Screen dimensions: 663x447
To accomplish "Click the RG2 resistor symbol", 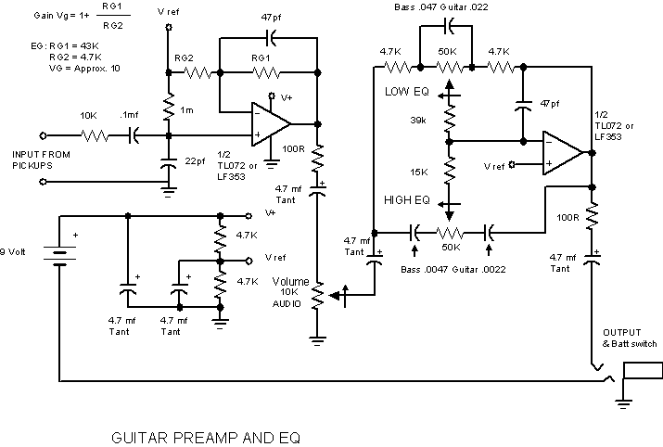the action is coord(198,73).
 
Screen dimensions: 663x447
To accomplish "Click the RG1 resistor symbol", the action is coord(266,73).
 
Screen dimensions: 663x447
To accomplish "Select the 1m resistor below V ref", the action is coord(169,107).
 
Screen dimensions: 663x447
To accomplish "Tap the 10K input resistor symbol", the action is coord(95,135).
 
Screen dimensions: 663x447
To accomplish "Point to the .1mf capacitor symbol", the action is coord(134,135).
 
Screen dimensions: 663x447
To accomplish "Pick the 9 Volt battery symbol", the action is coord(60,256).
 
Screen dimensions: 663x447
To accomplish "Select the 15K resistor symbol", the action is coord(450,170).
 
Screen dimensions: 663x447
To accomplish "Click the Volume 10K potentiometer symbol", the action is coord(317,295).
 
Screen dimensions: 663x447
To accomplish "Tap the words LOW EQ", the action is coord(407,91).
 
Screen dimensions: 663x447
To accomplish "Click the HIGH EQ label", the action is coord(407,200).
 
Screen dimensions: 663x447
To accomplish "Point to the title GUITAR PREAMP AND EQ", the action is coord(206,438).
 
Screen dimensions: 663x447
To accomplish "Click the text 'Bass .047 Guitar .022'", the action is coord(441,7).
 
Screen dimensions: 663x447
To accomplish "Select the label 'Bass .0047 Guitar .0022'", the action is coord(453,269).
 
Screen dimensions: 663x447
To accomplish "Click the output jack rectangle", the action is coord(644,370).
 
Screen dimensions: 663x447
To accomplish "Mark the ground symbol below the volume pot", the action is coord(317,341).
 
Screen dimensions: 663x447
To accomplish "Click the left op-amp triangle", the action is coord(271,124).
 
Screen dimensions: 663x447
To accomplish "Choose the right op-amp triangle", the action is coord(562,153).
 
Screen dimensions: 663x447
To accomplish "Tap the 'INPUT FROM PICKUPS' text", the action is coord(41,160).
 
